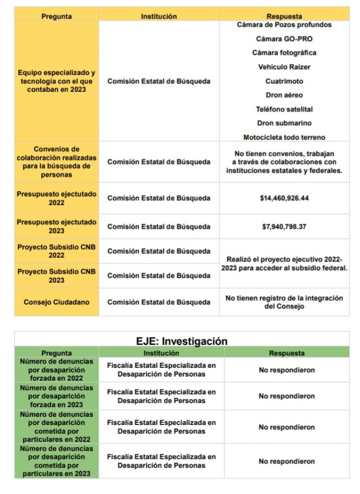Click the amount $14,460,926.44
(x=284, y=198)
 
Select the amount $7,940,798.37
(x=284, y=226)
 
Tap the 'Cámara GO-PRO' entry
(x=284, y=39)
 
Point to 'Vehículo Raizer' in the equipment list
(x=284, y=67)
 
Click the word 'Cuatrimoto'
(x=284, y=82)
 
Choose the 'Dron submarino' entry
(x=284, y=123)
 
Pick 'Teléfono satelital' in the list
(x=284, y=109)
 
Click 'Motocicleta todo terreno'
(x=284, y=138)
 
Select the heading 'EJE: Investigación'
(x=182, y=341)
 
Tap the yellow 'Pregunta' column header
(x=56, y=16)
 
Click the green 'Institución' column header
(x=161, y=353)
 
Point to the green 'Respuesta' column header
(x=287, y=353)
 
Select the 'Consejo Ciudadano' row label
(x=56, y=302)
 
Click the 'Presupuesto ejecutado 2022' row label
(x=56, y=198)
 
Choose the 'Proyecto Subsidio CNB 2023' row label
(x=56, y=276)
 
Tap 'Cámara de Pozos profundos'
(x=284, y=25)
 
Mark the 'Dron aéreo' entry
(x=284, y=95)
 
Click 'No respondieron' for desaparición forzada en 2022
(x=287, y=370)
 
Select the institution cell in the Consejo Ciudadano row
(x=159, y=302)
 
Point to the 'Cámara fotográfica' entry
(x=284, y=53)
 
